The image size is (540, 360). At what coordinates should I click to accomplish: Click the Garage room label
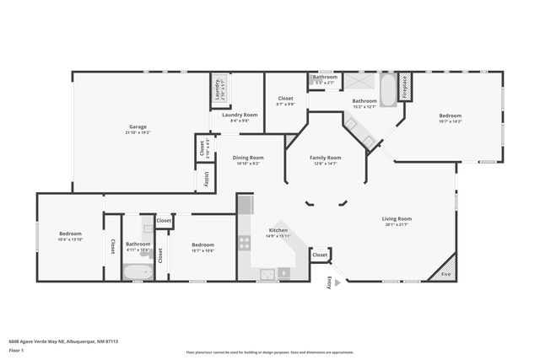[137, 126]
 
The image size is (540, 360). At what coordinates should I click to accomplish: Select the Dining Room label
[249, 158]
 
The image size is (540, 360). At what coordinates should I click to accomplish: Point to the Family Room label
[325, 158]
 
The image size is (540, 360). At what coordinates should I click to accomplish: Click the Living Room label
[397, 218]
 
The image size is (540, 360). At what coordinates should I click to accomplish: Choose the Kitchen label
[278, 230]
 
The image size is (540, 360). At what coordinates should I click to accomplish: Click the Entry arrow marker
[330, 283]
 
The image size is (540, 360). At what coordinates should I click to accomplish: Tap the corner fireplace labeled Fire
[446, 274]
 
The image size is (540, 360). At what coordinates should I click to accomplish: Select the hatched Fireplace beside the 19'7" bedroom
[404, 89]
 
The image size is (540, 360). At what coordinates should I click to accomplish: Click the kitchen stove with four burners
[244, 243]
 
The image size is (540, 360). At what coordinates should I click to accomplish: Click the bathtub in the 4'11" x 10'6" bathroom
[138, 271]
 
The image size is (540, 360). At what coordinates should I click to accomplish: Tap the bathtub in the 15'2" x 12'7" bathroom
[387, 91]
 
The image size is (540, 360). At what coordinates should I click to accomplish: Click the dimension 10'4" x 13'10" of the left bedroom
[70, 240]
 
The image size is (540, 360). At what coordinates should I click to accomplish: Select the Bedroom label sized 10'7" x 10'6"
[202, 244]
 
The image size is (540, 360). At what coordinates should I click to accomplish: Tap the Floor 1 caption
[16, 349]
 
